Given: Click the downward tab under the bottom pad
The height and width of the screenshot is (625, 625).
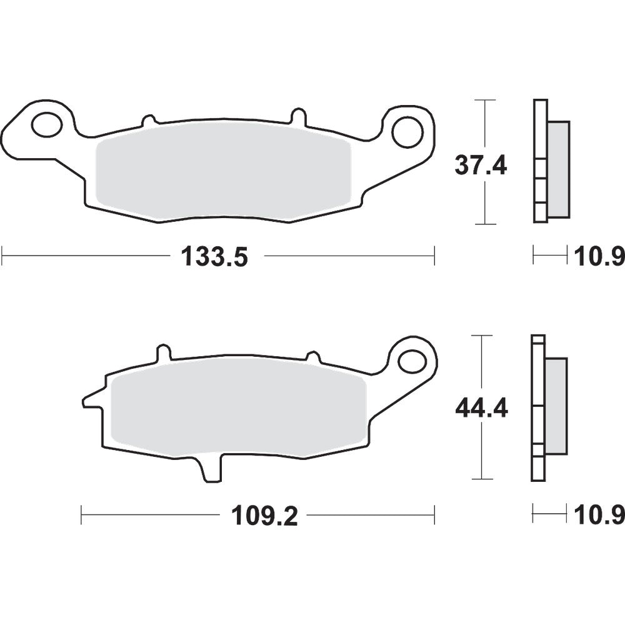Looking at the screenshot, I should click(x=212, y=469).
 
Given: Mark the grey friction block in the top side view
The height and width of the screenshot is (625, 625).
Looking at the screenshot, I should click(x=559, y=169).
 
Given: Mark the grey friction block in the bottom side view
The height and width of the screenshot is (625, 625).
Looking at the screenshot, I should click(x=556, y=406).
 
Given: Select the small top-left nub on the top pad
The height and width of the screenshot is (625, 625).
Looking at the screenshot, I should click(x=148, y=119).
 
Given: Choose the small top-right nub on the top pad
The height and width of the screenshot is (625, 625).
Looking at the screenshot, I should click(x=298, y=116).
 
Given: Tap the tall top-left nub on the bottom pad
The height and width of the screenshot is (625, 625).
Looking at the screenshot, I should click(x=163, y=353).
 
